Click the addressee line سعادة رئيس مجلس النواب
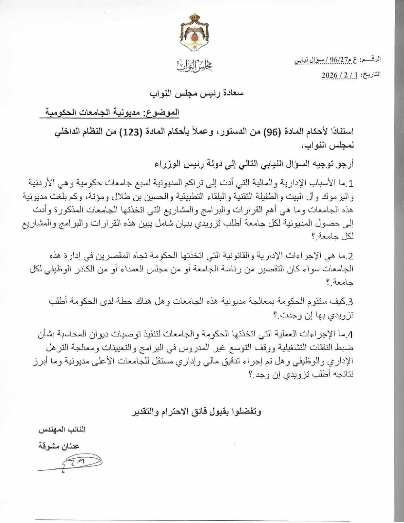pyautogui.click(x=196, y=93)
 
